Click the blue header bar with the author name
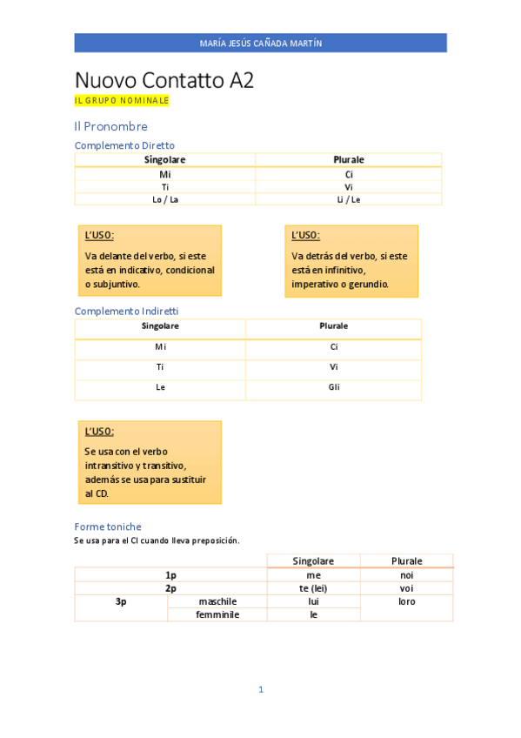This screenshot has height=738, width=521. [260, 43]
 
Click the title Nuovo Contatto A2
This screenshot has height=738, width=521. [164, 81]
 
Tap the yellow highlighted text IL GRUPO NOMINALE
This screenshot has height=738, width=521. [122, 101]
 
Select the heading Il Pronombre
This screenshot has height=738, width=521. [110, 126]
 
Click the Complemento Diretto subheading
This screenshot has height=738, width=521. [124, 145]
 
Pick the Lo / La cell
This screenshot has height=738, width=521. [165, 199]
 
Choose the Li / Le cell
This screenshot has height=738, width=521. [349, 199]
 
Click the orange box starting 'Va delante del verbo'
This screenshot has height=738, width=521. [150, 260]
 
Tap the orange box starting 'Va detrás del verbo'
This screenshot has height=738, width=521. [351, 260]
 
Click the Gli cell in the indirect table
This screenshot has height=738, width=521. [334, 387]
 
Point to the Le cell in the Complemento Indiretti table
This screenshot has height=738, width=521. [160, 387]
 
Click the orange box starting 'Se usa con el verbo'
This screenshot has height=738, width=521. [150, 462]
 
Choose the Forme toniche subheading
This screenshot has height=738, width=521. [108, 527]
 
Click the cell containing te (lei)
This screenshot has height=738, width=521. [313, 588]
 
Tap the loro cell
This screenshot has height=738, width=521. [406, 601]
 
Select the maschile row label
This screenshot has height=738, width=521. [217, 601]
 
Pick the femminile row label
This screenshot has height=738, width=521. [217, 614]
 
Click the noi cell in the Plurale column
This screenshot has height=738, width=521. [406, 575]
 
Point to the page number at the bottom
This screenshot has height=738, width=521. [260, 689]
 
